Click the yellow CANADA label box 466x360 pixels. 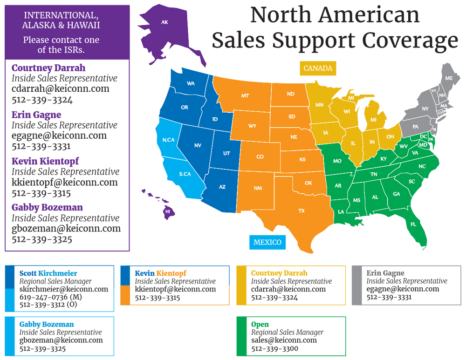click(x=318, y=68)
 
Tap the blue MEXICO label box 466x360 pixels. click(x=267, y=242)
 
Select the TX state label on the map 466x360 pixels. click(x=302, y=211)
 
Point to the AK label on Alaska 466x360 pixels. click(x=164, y=22)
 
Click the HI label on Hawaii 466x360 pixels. click(x=167, y=211)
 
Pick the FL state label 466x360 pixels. click(x=413, y=224)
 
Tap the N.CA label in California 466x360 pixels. click(x=168, y=140)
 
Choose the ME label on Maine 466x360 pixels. click(x=449, y=78)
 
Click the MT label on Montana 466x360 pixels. click(x=245, y=95)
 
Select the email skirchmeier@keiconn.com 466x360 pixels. click(x=63, y=289)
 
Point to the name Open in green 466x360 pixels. click(x=260, y=325)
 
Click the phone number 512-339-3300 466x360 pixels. click(x=274, y=348)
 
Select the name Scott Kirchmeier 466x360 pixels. click(x=48, y=273)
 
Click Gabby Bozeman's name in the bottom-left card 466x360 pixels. click(x=46, y=325)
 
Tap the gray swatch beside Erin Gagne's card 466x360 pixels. click(x=357, y=285)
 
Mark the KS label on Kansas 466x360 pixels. click(x=302, y=160)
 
